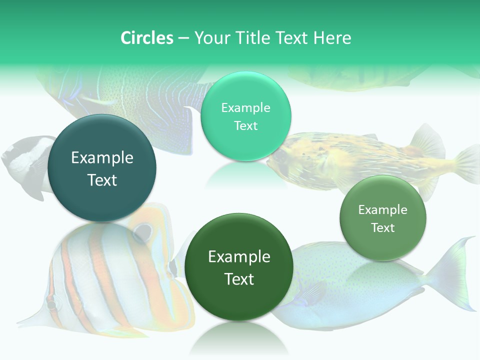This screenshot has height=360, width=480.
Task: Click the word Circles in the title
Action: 146,38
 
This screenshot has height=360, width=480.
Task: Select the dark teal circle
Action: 102,168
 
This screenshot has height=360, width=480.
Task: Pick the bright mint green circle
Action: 245,116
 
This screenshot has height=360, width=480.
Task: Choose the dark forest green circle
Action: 239,267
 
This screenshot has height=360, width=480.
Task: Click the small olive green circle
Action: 383,218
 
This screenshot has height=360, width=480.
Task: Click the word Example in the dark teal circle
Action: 102,158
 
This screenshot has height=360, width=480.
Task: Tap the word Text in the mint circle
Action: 245,126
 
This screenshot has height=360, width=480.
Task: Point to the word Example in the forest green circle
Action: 239,257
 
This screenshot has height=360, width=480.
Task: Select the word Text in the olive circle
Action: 383,228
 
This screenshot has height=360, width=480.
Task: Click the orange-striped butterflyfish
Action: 100,270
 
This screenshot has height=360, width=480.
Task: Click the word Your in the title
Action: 210,38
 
